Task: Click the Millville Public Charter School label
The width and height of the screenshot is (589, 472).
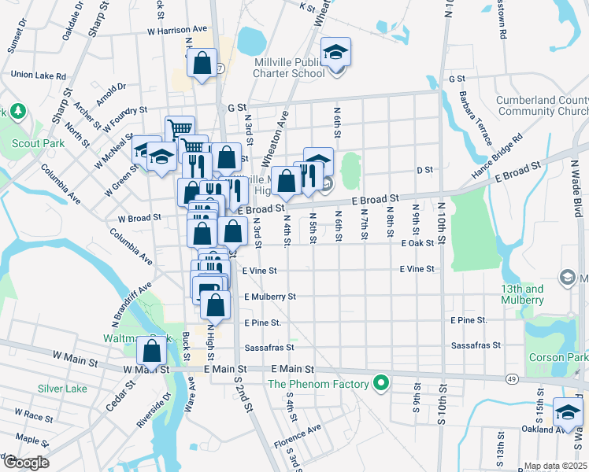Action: tap(288, 68)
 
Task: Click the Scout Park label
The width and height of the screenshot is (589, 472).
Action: tap(38, 144)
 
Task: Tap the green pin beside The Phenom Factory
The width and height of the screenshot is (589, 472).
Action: tap(381, 384)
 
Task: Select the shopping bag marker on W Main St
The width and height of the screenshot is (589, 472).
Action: tap(152, 351)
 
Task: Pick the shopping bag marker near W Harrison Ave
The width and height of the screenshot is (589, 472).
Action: tap(202, 63)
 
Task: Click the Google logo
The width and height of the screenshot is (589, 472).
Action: tap(25, 463)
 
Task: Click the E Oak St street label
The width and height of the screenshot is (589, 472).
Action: tap(417, 244)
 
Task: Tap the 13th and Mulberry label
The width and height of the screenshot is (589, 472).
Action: tap(522, 294)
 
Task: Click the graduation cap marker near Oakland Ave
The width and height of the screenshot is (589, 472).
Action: tap(568, 411)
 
